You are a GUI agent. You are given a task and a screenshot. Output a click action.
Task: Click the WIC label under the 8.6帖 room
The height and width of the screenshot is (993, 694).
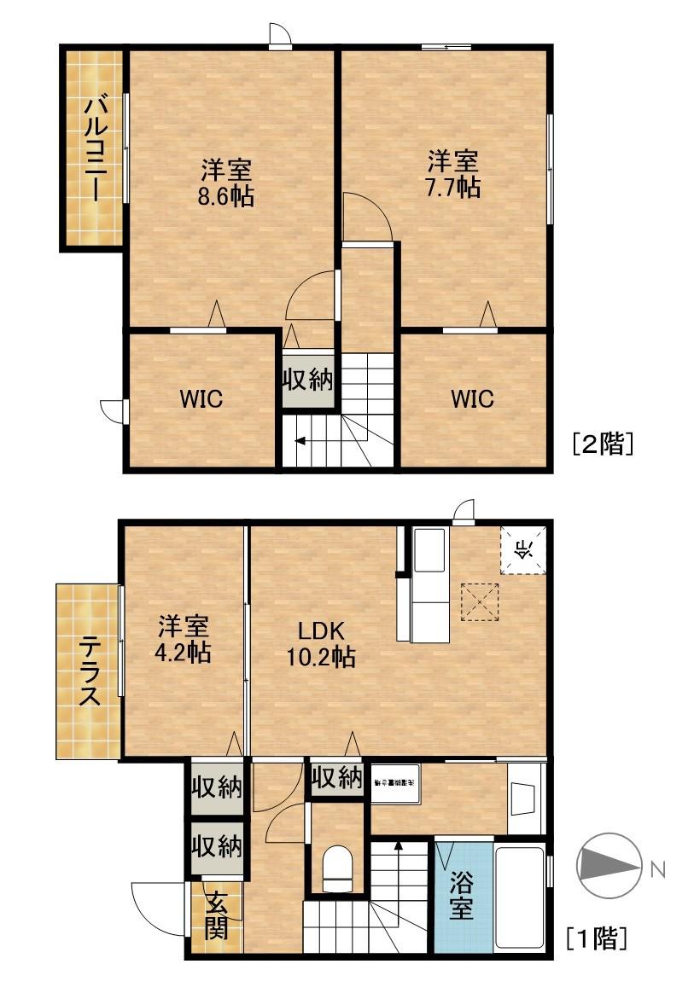pos(201,399)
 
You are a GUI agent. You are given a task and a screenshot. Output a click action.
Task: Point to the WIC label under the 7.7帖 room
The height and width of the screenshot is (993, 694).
pos(472,399)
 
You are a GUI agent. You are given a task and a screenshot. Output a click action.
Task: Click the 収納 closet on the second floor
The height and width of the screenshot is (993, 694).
pos(308,379)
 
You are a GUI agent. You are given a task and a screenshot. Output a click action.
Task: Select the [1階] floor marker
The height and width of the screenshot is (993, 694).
pos(598,938)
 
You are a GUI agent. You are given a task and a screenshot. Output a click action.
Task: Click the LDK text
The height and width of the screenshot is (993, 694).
pos(320,630)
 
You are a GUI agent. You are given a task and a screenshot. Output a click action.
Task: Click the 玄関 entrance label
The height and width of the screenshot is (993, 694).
pos(217,916)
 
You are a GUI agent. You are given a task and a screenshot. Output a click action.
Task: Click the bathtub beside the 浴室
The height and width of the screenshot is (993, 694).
pos(521,897)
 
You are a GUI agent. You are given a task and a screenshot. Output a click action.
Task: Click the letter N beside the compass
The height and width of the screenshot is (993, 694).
pos(656,869)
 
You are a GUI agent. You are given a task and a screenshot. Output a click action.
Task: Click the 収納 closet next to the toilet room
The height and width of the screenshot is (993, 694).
pos(336,778)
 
